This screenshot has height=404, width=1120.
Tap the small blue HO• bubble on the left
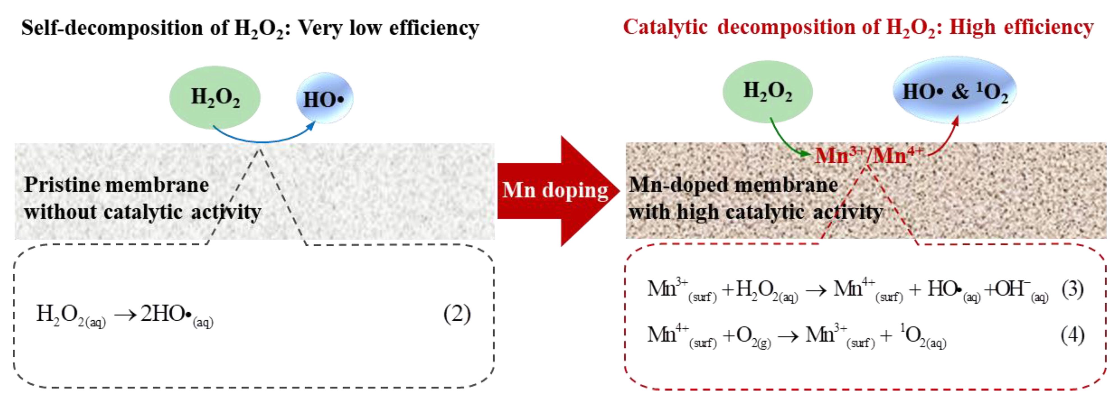pyautogui.click(x=324, y=98)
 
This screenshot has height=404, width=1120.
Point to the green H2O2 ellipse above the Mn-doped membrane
pyautogui.click(x=767, y=91)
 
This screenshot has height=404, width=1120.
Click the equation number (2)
pyautogui.click(x=457, y=314)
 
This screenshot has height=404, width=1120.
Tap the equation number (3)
pyautogui.click(x=1072, y=289)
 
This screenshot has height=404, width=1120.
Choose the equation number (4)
pyautogui.click(x=1072, y=335)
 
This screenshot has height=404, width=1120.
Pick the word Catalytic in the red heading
pyautogui.click(x=665, y=27)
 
